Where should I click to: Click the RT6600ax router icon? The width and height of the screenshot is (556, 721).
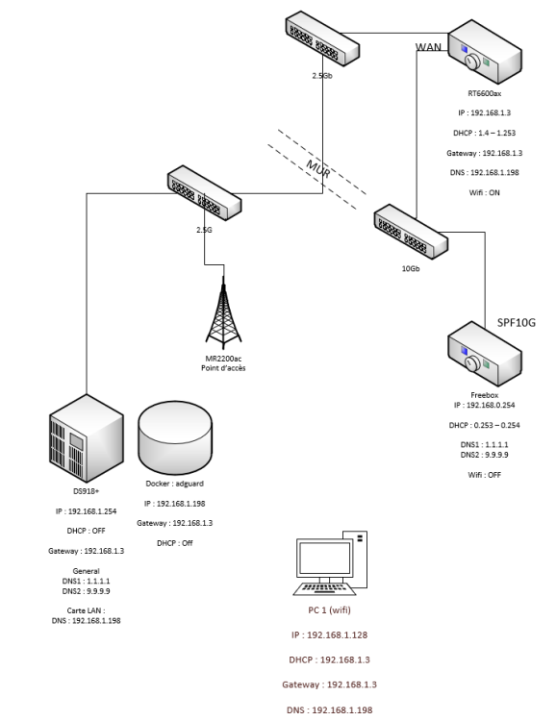[x=485, y=52]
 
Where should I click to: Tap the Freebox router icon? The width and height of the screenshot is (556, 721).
[x=485, y=353]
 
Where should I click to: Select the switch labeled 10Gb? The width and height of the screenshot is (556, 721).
[x=411, y=233]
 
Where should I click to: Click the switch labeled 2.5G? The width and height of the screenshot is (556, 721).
[x=204, y=193]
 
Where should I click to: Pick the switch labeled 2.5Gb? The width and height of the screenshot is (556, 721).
[x=322, y=39]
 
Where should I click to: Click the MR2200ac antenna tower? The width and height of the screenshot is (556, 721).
[x=223, y=312]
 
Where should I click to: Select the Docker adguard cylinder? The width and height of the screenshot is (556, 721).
[x=175, y=437]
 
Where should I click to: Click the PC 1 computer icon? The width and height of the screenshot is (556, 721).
[x=331, y=562]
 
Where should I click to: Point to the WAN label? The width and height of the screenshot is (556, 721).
[x=428, y=47]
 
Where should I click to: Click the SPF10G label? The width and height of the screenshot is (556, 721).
[x=517, y=323]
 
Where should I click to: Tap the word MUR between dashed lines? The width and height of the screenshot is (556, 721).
[x=318, y=169]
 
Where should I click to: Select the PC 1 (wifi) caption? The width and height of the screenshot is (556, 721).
[x=330, y=610]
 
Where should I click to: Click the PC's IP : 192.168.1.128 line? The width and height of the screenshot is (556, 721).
[x=330, y=635]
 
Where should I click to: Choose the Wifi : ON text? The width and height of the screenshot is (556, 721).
[x=484, y=192]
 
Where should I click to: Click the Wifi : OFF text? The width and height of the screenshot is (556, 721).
[x=484, y=475]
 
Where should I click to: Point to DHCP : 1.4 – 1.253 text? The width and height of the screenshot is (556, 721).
[x=484, y=133]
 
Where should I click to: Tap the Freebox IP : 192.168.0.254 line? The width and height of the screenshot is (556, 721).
[x=484, y=405]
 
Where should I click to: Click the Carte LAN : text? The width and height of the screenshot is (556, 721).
[x=86, y=610]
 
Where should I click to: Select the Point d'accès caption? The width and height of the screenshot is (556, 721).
[x=223, y=368]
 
